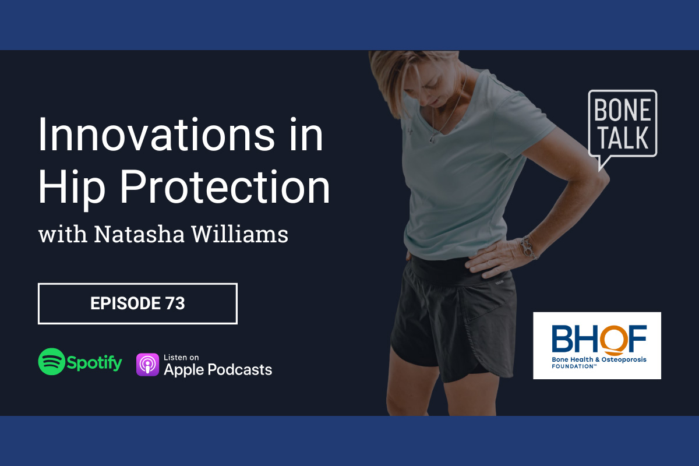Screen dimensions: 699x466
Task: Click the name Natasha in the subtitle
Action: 139,234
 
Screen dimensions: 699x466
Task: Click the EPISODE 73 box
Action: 137,303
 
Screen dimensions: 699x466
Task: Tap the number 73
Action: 175,303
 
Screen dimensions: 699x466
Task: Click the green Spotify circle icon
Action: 51,361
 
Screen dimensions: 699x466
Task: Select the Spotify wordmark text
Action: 94,363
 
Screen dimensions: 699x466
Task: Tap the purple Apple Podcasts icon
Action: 147,365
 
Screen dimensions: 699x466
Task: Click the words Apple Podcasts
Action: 218,369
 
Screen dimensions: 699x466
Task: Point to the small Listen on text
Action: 181,357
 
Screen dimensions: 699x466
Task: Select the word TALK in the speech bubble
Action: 623,137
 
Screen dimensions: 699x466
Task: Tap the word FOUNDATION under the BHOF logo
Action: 572,366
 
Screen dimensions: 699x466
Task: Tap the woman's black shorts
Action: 453,322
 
